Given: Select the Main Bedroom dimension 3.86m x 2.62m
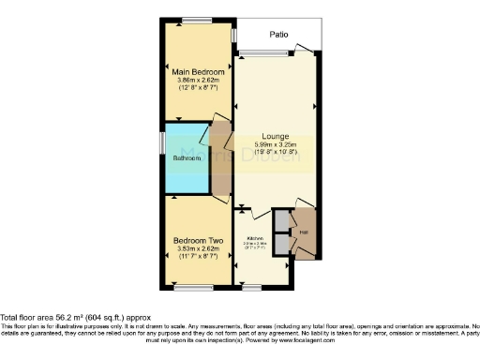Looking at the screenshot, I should point(197,81).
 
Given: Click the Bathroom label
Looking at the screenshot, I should point(186,158).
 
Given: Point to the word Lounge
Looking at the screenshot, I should point(275,136).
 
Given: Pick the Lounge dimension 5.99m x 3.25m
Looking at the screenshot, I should point(275,144).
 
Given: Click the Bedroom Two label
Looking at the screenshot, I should point(197,241).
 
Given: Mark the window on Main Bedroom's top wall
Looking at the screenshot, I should point(197,20).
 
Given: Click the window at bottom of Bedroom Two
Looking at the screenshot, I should point(197,286).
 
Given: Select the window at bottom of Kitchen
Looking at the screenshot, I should point(250,286).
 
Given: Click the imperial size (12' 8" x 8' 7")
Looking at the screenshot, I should point(197,88).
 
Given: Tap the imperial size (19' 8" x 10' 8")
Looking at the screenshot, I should point(275,152).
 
